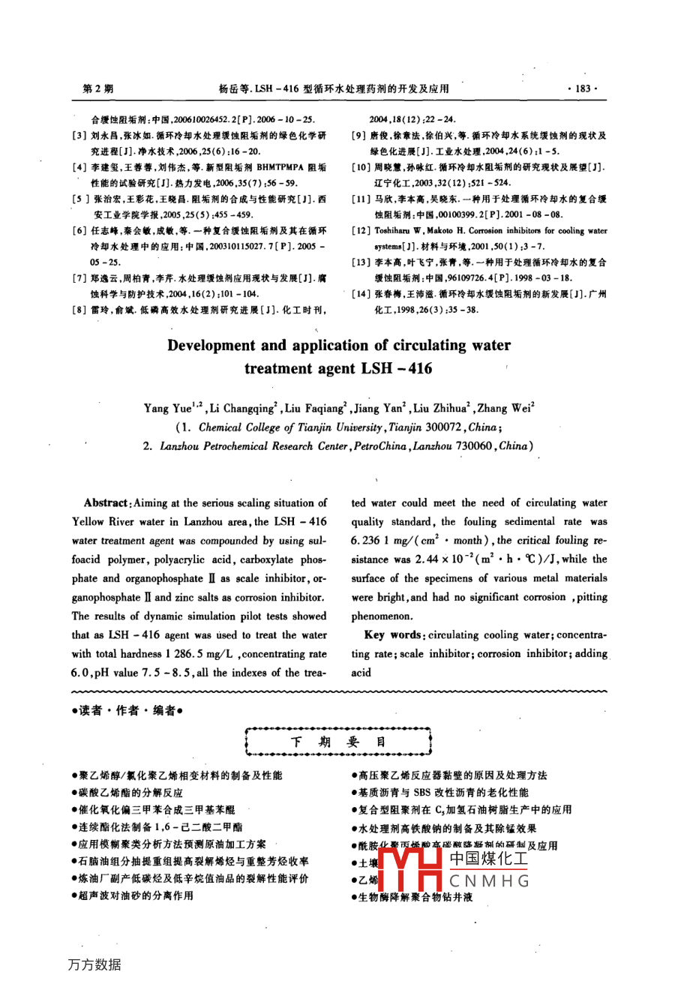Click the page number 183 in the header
pos(583,88)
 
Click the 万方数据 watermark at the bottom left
pos(94,965)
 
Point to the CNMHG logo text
pos(489,880)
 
